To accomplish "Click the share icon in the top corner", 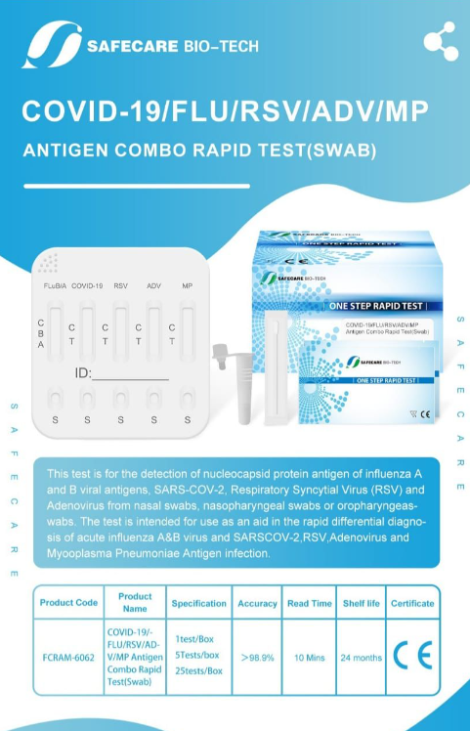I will [440, 40].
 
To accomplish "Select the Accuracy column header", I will [258, 603].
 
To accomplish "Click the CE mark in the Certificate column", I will [411, 655].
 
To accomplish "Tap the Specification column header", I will [199, 603].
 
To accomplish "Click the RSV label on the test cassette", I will [121, 286].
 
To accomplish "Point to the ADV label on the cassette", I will [154, 286].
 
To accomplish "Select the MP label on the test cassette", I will [187, 286].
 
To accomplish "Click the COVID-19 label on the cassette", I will [87, 286].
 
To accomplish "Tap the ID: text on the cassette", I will [84, 373].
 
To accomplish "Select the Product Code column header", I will [68, 603].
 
